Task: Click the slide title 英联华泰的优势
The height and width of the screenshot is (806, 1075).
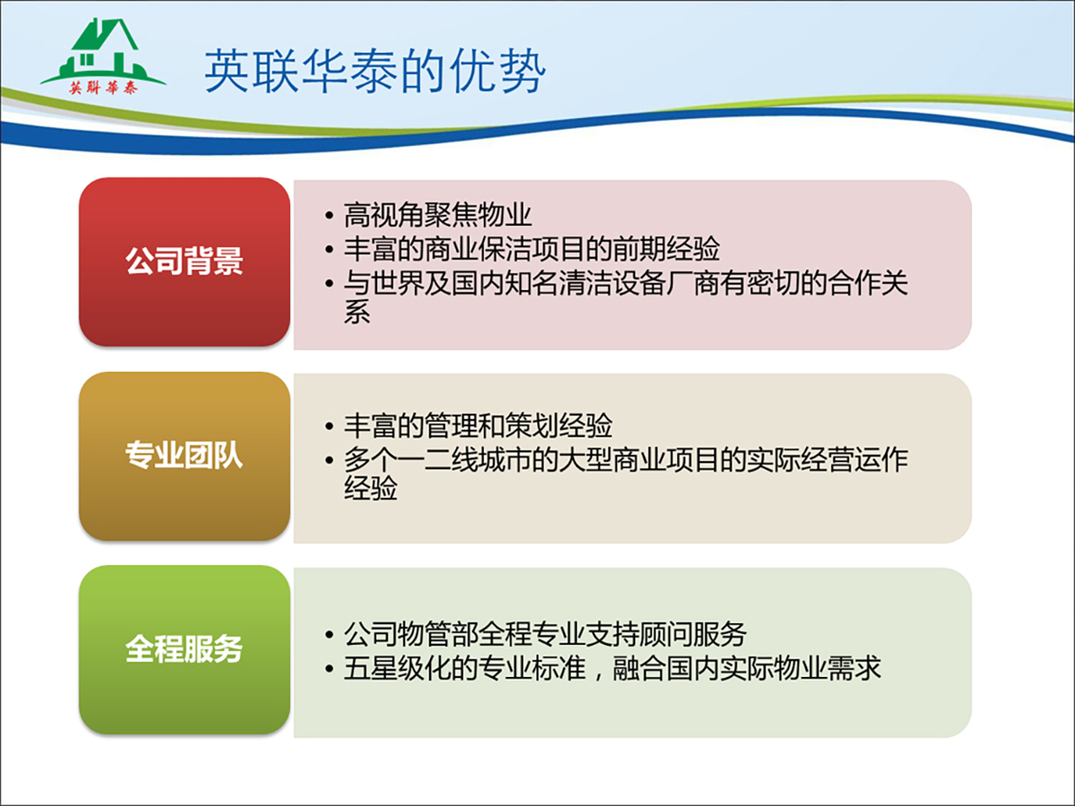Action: pos(374,72)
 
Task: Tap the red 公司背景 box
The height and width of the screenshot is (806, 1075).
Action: pos(185,262)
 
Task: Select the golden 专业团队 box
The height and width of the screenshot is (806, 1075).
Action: pos(185,456)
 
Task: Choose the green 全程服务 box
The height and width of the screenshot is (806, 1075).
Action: pos(185,650)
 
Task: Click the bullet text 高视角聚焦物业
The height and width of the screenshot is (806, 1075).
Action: pos(437,215)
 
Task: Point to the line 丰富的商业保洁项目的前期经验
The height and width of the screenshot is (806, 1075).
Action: pos(531,249)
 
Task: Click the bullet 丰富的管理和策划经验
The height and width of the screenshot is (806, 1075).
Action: pos(477,425)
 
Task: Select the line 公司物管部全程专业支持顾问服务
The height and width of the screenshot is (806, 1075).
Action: pos(545,634)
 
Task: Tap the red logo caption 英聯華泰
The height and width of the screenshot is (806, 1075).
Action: pos(103,88)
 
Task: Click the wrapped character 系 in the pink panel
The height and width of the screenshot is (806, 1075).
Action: pos(357,313)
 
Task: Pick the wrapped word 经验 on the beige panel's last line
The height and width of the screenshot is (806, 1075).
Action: pos(371,488)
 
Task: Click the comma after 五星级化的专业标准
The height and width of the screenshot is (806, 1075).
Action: pos(598,675)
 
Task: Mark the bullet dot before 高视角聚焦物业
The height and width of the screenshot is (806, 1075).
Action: pos(329,216)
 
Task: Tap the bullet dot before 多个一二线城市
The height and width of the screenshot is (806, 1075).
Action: pos(329,460)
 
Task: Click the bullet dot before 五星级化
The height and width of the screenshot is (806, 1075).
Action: pos(329,668)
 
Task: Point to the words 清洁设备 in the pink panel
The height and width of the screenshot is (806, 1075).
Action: pos(612,283)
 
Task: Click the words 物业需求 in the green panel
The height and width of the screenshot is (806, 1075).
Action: pos(827,668)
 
